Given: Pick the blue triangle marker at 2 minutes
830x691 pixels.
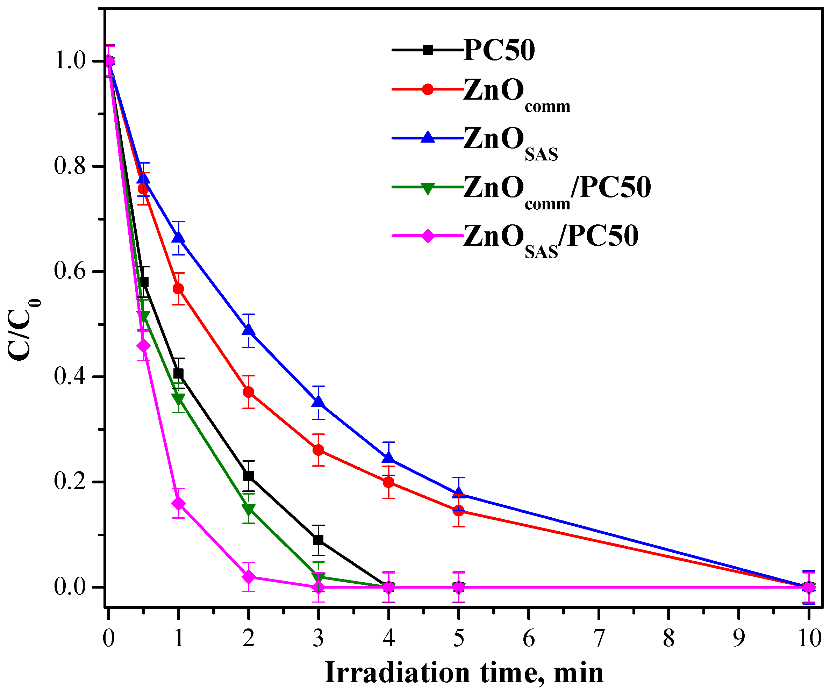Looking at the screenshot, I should pyautogui.click(x=248, y=330).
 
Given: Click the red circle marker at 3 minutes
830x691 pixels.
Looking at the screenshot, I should pyautogui.click(x=318, y=450).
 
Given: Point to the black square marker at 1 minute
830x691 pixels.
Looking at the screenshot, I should pyautogui.click(x=178, y=373).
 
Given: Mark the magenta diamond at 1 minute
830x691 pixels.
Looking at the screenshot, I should pyautogui.click(x=178, y=503).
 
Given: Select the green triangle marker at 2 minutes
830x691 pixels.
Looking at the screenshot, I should pyautogui.click(x=248, y=509).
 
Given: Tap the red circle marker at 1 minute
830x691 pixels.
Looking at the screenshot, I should pyautogui.click(x=178, y=289).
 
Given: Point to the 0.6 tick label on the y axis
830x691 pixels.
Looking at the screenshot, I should pyautogui.click(x=70, y=272).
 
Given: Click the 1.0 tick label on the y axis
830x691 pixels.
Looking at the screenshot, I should pyautogui.click(x=70, y=61).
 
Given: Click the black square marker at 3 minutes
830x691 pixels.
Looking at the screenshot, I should pyautogui.click(x=318, y=540).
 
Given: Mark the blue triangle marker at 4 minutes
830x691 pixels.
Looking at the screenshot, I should pyautogui.click(x=388, y=458).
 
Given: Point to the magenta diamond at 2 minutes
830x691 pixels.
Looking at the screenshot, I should pyautogui.click(x=248, y=577).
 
